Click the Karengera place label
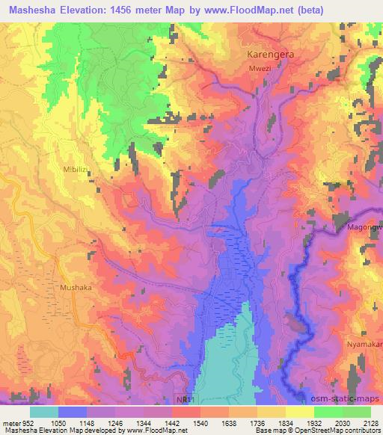tap(271, 55)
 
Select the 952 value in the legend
tap(28, 422)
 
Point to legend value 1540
tap(199, 422)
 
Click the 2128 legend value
tap(369, 422)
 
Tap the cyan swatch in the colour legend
tap(44, 411)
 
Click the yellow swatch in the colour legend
tap(299, 411)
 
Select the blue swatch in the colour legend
tap(73, 411)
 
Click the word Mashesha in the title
tap(34, 10)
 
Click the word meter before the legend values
tap(10, 422)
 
